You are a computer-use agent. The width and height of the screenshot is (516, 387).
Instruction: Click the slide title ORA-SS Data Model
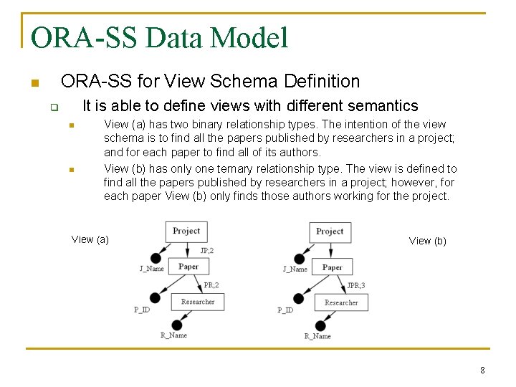tap(159, 37)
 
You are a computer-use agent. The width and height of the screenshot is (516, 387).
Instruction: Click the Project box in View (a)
tap(186, 231)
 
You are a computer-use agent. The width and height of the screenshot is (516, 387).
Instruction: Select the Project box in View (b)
tap(330, 231)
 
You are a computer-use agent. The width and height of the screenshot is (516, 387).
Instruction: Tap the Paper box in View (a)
tap(188, 267)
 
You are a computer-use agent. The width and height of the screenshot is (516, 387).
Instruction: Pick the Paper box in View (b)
tap(332, 267)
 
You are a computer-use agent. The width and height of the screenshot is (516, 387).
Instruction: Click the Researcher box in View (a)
tap(198, 302)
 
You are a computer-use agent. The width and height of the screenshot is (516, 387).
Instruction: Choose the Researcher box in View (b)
tap(341, 302)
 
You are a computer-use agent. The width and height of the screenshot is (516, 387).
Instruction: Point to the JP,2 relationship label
tap(207, 251)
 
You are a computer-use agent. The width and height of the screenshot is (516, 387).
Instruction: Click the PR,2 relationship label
tap(211, 285)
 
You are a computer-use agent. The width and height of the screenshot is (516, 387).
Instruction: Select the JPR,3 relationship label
tap(355, 286)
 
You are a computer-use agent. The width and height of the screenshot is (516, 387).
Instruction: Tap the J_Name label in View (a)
tap(151, 269)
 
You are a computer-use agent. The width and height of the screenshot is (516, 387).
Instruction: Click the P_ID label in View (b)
tap(285, 310)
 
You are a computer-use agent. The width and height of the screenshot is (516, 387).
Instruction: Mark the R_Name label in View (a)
tap(173, 335)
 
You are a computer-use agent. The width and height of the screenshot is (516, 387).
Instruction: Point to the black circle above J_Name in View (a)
tap(156, 258)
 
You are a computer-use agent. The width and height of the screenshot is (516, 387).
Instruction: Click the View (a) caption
tap(90, 239)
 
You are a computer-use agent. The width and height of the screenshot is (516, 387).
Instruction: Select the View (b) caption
tap(427, 241)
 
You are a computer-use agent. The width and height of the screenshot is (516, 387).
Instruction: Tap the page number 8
tap(482, 371)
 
